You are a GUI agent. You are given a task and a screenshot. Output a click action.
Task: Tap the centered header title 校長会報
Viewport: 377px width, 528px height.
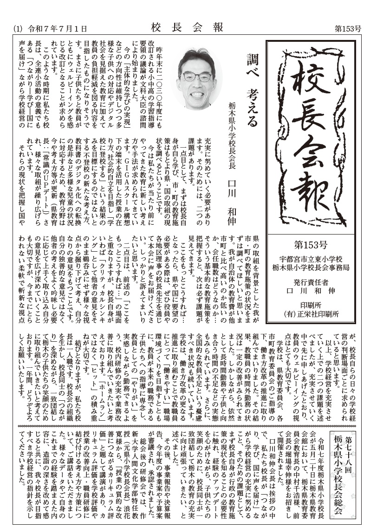188,27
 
